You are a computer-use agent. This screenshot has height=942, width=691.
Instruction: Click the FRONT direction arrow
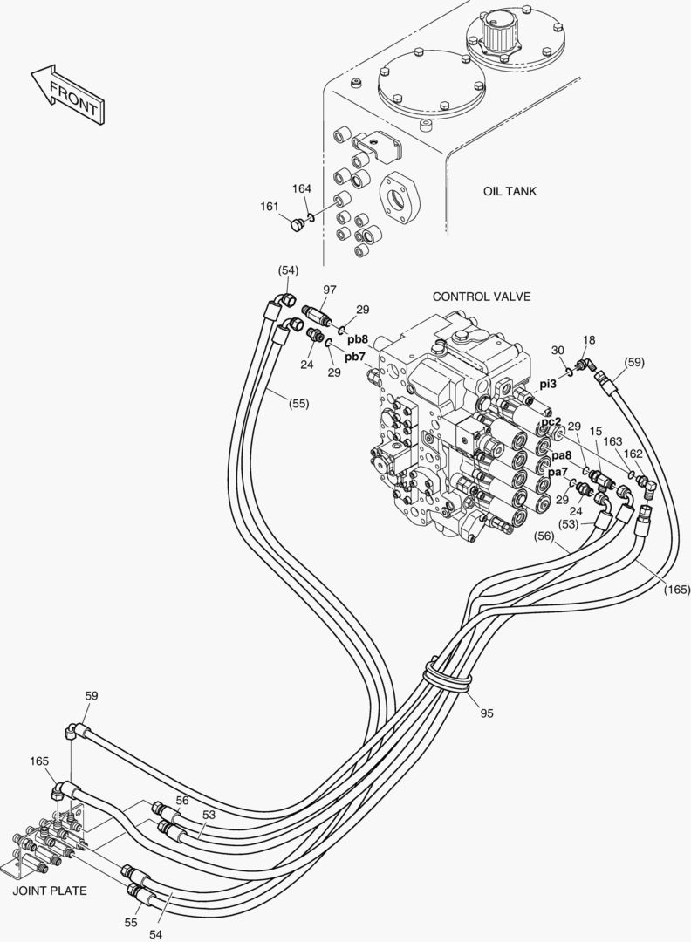(x=68, y=94)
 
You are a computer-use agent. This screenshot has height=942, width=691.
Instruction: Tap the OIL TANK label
(x=510, y=191)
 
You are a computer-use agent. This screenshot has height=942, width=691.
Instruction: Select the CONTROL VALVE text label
(x=482, y=297)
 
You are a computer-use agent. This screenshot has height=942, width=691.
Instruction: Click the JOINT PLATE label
(x=49, y=891)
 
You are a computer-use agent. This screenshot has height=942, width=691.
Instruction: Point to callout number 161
(x=270, y=207)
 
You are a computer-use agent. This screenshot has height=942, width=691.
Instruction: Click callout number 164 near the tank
(x=302, y=188)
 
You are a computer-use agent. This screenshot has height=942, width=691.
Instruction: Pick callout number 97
(x=329, y=290)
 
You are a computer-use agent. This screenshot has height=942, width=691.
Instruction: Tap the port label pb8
(x=357, y=338)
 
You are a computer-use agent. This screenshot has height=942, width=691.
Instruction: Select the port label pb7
(x=354, y=357)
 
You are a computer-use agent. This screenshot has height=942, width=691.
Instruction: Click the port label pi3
(x=547, y=384)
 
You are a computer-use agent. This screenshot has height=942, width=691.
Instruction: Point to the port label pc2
(x=551, y=422)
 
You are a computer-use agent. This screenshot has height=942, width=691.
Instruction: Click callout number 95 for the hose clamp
(x=487, y=713)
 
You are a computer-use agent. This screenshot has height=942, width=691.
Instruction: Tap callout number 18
(x=589, y=340)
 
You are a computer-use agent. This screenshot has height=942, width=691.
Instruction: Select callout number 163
(x=612, y=441)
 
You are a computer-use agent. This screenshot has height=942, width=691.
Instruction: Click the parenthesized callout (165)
(x=676, y=590)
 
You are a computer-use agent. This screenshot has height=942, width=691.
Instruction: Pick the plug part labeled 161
(x=295, y=226)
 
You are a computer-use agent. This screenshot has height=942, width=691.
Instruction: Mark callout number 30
(x=558, y=351)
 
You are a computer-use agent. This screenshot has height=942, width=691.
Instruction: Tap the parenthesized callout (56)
(x=544, y=536)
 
